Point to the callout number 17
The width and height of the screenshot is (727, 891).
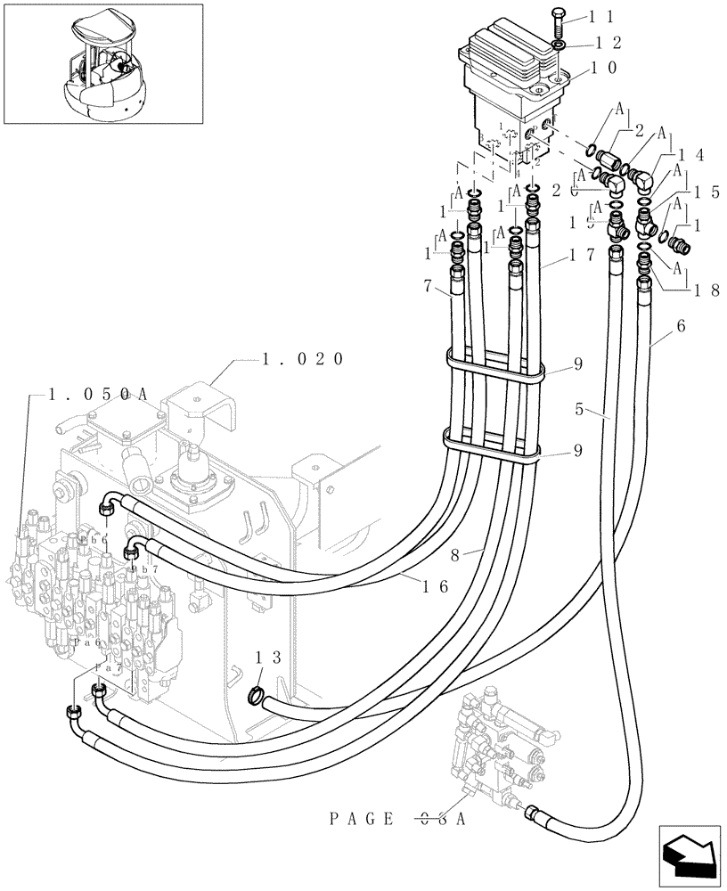pyautogui.click(x=583, y=254)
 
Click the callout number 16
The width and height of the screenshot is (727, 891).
pyautogui.click(x=436, y=585)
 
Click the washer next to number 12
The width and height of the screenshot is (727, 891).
pyautogui.click(x=557, y=44)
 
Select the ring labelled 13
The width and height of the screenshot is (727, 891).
pyautogui.click(x=255, y=693)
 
